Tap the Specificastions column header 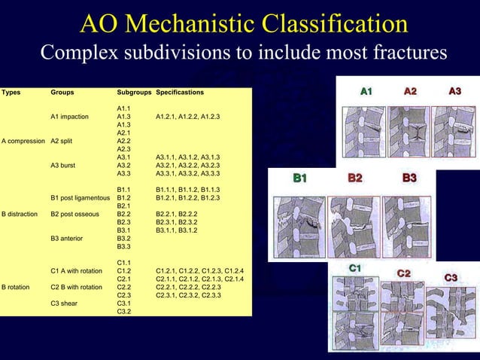point(179,93)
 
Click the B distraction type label point(20,214)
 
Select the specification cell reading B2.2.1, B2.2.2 point(175,214)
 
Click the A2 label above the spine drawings point(411,91)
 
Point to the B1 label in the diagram point(299,178)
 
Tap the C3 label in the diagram point(451,278)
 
